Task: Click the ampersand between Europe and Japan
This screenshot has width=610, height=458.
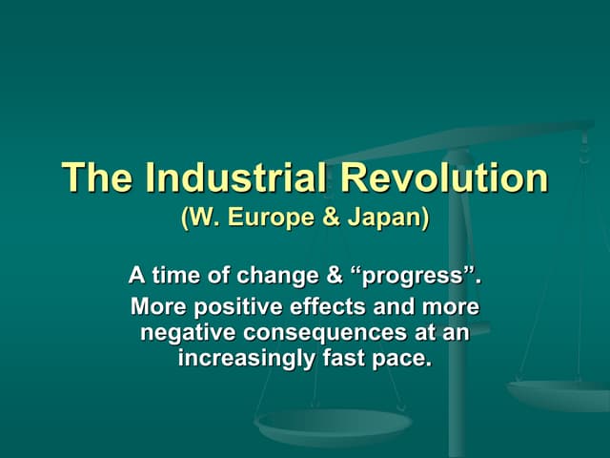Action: (329, 218)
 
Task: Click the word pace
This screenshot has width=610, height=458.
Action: (397, 361)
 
